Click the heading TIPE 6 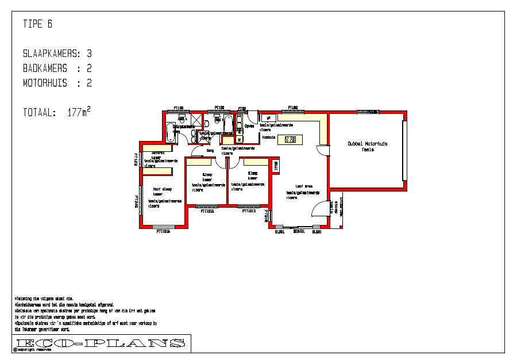38,24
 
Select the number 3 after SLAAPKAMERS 89,54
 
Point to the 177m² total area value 79,112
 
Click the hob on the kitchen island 290,139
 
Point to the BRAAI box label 276,166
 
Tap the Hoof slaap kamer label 162,192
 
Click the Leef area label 304,186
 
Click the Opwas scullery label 249,125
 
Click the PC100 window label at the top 219,107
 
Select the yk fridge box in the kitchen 269,118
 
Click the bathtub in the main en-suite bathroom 170,132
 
